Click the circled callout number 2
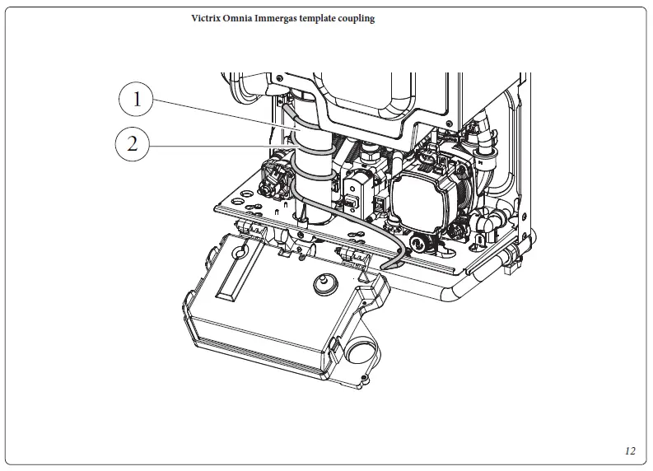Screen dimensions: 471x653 (133, 145)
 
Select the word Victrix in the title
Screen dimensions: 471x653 (207, 18)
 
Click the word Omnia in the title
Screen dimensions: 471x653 (241, 18)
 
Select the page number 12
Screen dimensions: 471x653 (630, 450)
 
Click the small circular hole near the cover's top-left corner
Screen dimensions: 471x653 (240, 247)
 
